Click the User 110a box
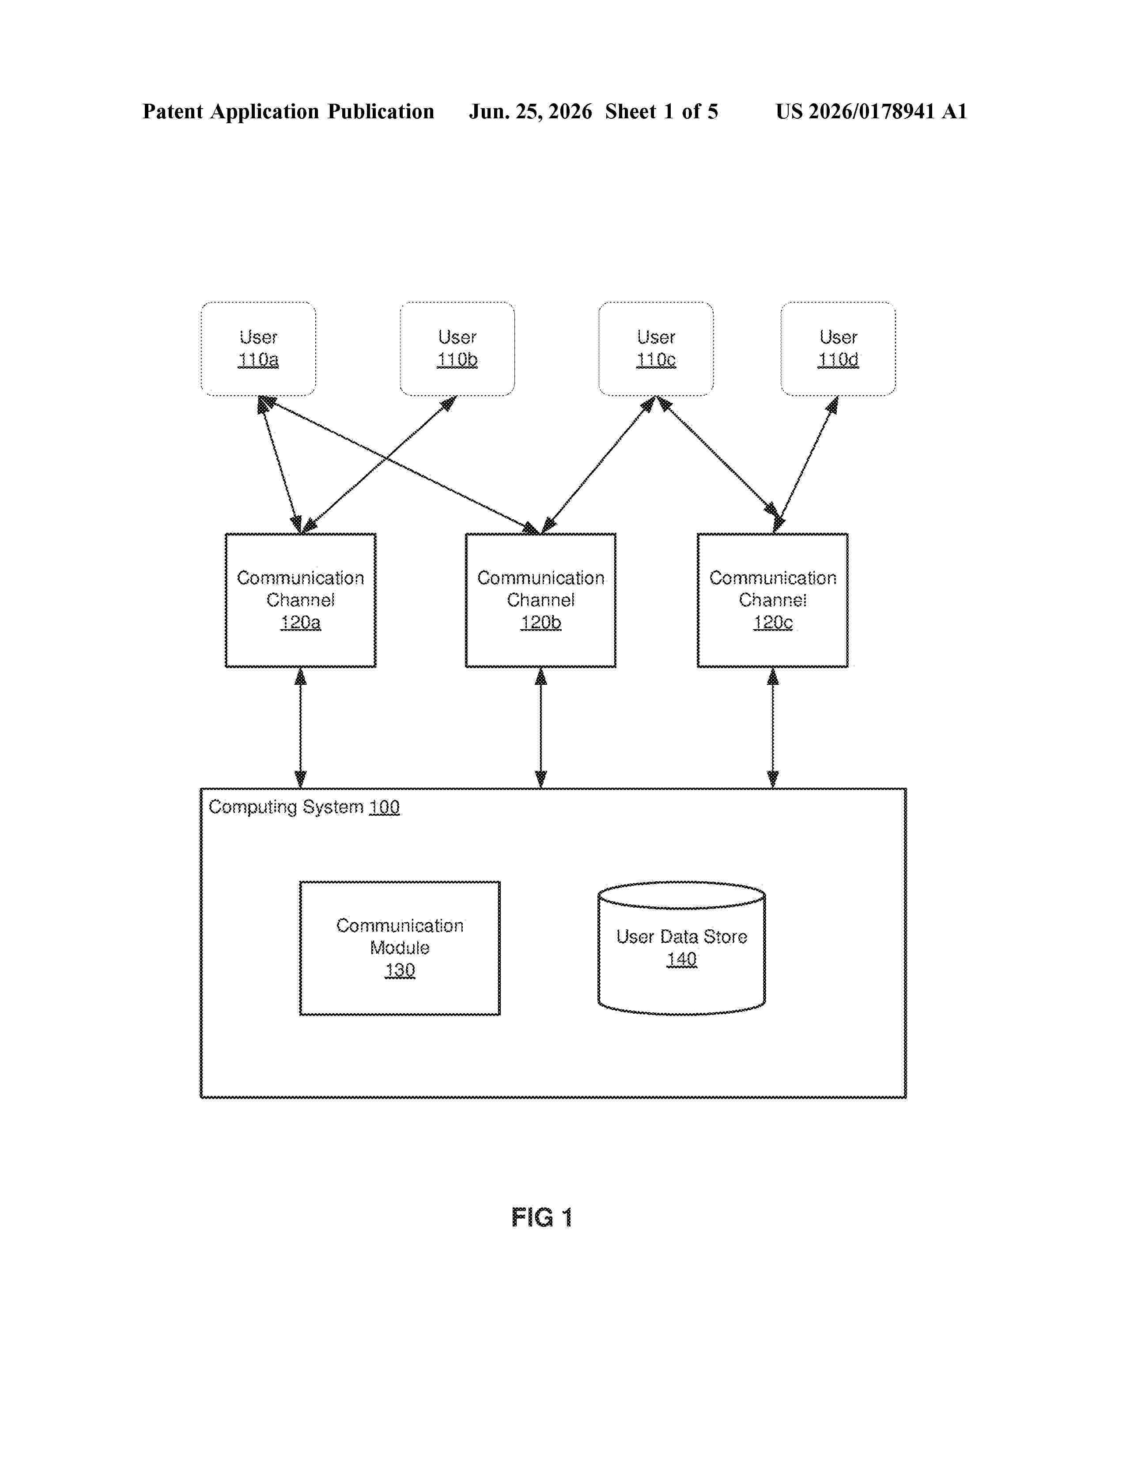(x=258, y=348)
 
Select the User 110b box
(x=457, y=348)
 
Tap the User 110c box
(x=656, y=348)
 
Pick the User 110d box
(x=838, y=348)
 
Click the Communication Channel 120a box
(x=300, y=600)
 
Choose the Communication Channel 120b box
(x=540, y=600)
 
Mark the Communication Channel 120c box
(x=772, y=600)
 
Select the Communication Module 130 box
(x=400, y=948)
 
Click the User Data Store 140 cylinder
(x=681, y=948)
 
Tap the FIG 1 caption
(x=542, y=1218)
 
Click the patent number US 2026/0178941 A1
(x=870, y=111)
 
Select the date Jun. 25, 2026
(x=530, y=111)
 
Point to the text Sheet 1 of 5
(x=662, y=111)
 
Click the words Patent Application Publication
(x=288, y=111)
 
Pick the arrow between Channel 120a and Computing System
(x=300, y=728)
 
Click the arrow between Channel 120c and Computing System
(x=772, y=728)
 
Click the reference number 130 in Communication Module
(x=400, y=970)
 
